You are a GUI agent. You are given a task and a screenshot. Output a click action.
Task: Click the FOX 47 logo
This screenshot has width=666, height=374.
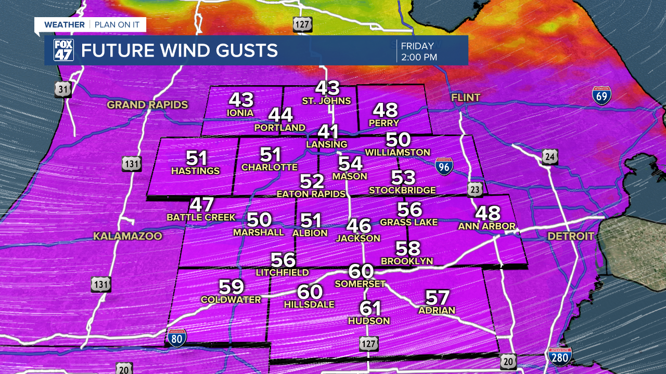point(63,50)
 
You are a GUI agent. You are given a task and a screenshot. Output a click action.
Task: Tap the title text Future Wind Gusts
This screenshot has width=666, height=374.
point(180,51)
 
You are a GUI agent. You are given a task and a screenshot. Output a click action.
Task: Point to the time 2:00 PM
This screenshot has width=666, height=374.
point(419,57)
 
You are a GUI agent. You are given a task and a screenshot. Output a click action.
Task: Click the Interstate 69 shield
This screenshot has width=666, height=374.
point(601,96)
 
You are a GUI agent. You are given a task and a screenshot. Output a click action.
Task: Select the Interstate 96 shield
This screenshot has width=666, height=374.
point(444,166)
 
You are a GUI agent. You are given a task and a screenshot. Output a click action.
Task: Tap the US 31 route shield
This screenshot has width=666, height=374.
point(62,90)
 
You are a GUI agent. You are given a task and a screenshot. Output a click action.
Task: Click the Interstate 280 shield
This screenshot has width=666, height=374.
point(560,357)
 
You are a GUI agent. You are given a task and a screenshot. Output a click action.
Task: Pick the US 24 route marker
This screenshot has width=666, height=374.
point(549,157)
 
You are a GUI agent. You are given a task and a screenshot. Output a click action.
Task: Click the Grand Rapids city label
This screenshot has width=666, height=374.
point(147,105)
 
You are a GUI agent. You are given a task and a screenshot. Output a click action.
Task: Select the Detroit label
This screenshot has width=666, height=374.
point(571,236)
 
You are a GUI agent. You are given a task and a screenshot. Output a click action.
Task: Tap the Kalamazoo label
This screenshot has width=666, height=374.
point(127,236)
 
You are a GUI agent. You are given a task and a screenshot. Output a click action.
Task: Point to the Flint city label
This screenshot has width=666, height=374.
point(466,98)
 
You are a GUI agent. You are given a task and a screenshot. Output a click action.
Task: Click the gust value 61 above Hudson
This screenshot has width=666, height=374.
point(370,308)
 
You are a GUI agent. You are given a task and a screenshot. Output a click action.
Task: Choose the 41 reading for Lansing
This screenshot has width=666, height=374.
point(328,132)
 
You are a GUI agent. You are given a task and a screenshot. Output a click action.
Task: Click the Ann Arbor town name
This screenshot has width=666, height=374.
point(486,226)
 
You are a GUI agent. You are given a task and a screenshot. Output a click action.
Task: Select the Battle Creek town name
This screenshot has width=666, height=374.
point(201,217)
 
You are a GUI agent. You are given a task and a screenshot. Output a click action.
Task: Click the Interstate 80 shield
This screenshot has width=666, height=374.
point(177,338)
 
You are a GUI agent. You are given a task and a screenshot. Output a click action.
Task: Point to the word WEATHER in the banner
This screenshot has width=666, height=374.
point(64,24)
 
